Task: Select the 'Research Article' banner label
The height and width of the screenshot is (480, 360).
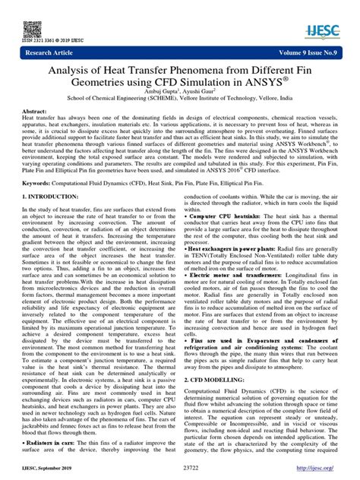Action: (46, 54)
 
